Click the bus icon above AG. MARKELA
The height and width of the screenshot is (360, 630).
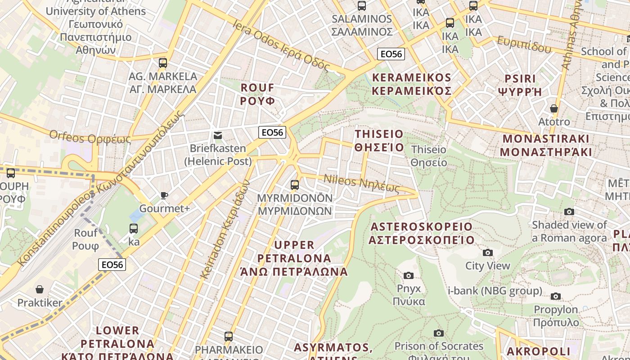click(x=163, y=63)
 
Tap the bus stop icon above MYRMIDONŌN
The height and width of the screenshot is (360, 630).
click(x=295, y=184)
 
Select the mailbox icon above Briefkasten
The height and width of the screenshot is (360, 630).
click(x=218, y=135)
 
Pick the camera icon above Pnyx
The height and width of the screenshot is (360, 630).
click(x=409, y=275)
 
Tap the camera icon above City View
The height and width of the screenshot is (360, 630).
click(x=487, y=253)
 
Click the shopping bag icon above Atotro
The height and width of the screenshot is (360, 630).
click(x=554, y=108)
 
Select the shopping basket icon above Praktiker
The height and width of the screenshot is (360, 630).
click(x=40, y=289)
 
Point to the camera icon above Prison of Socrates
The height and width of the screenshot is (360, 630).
click(x=438, y=333)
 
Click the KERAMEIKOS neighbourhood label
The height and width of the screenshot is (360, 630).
click(x=412, y=84)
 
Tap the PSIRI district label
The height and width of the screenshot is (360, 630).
click(x=520, y=85)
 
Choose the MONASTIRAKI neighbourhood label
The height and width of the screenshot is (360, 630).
click(x=546, y=145)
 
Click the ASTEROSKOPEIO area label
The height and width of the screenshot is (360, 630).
click(x=421, y=233)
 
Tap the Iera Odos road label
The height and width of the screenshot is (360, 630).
click(x=282, y=45)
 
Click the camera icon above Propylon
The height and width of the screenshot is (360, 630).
click(x=556, y=296)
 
